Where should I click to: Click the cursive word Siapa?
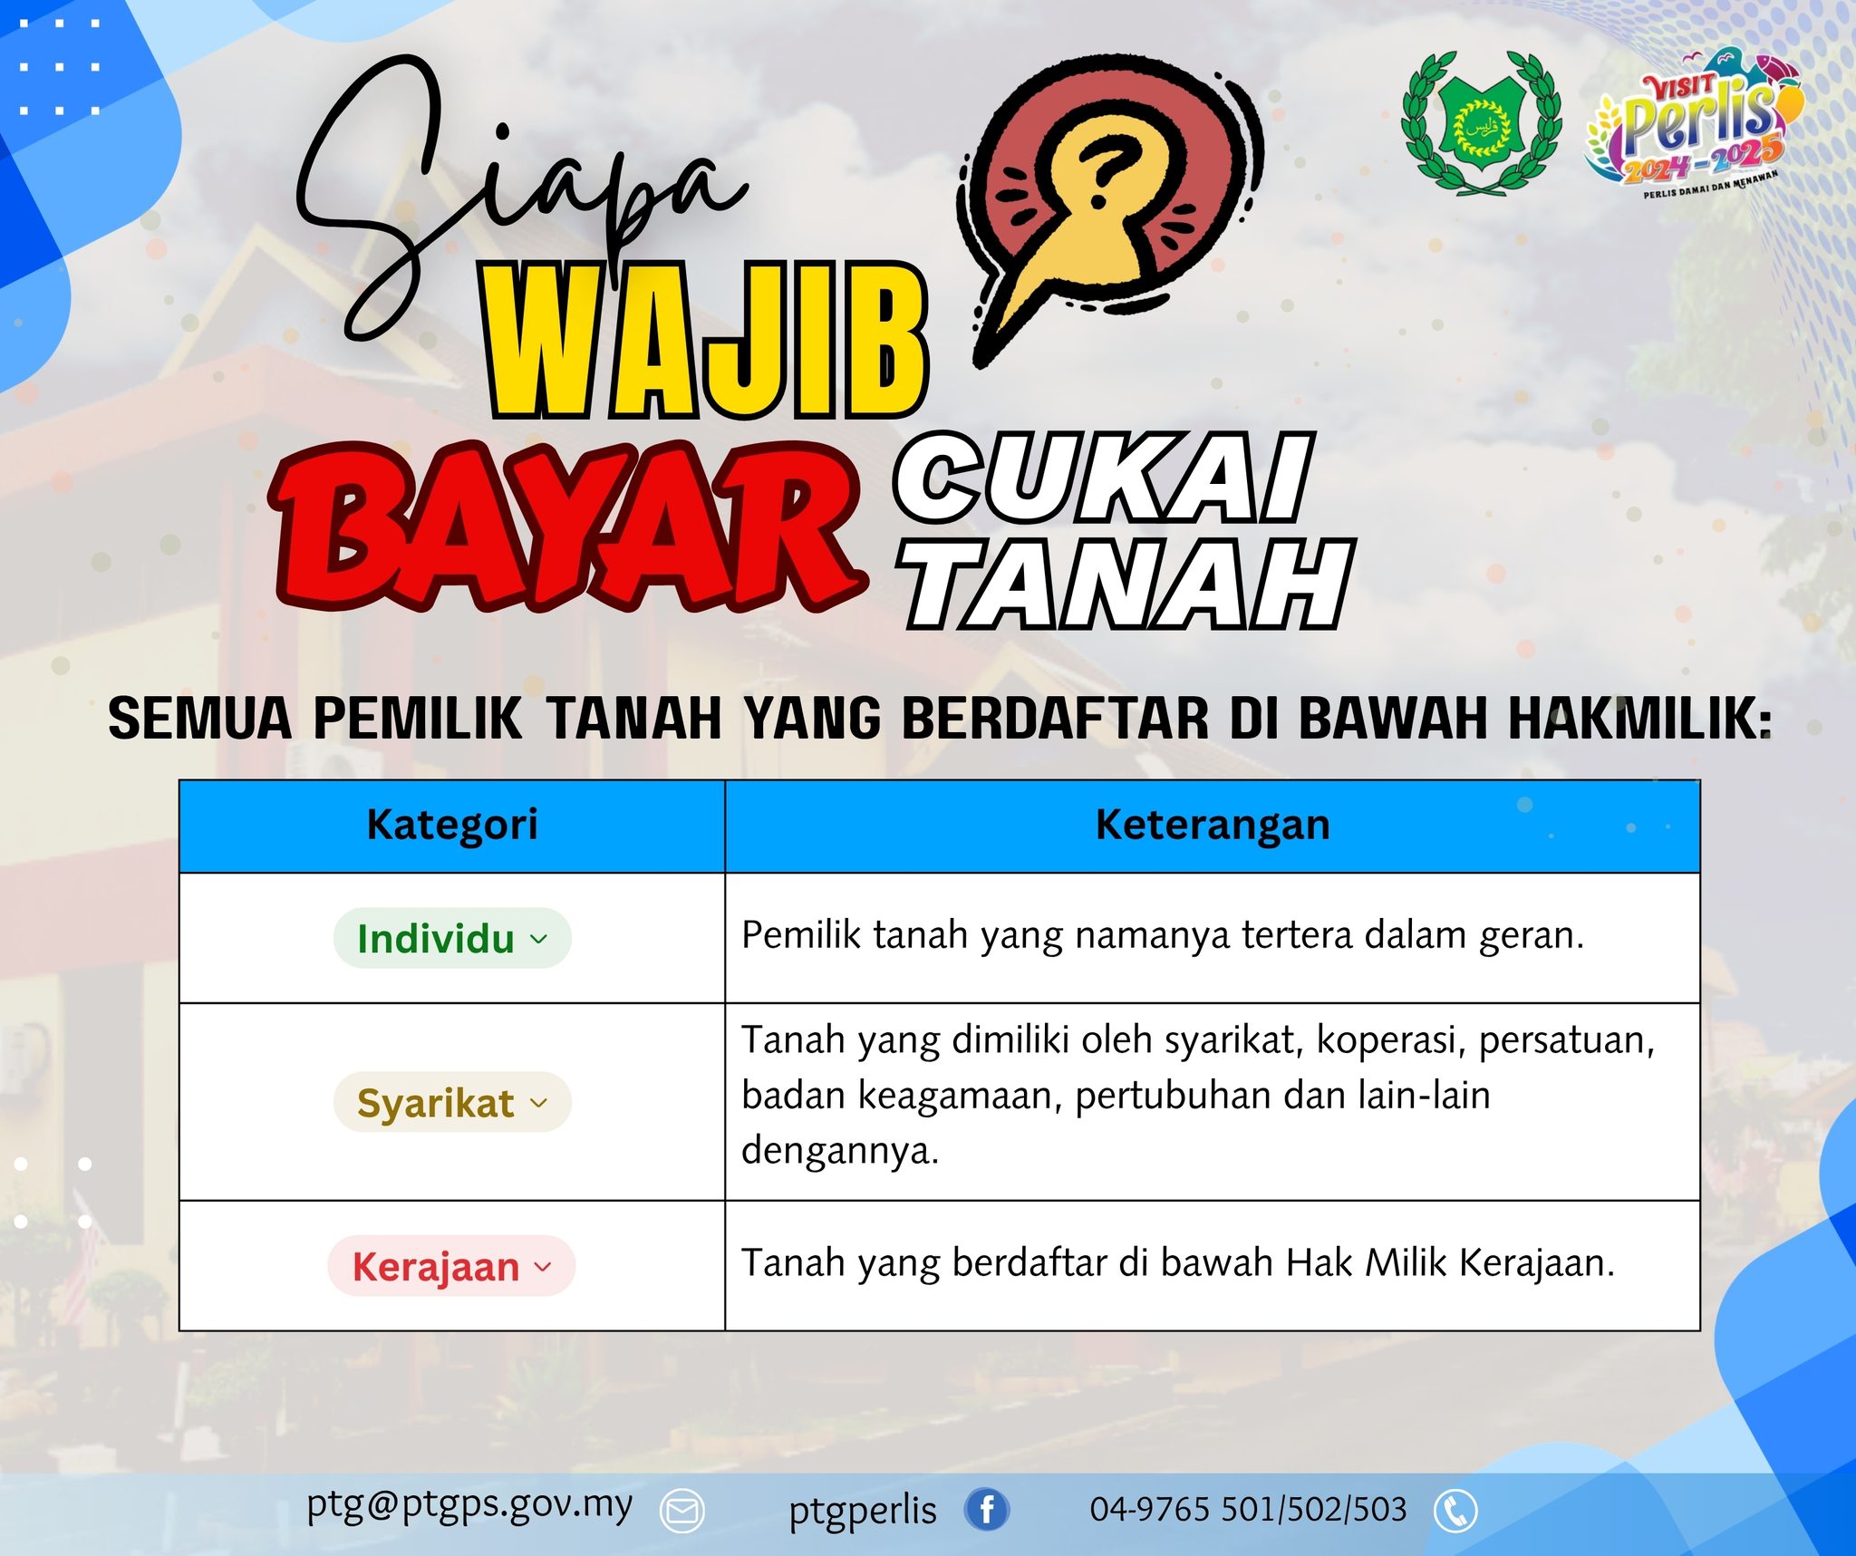[x=507, y=190]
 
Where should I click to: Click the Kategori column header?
[x=451, y=826]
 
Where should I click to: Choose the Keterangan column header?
[x=1212, y=826]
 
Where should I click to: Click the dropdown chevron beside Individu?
[x=539, y=939]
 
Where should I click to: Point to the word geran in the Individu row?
[x=1531, y=936]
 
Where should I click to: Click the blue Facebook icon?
[x=986, y=1510]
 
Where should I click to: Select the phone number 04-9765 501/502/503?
[x=1248, y=1510]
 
